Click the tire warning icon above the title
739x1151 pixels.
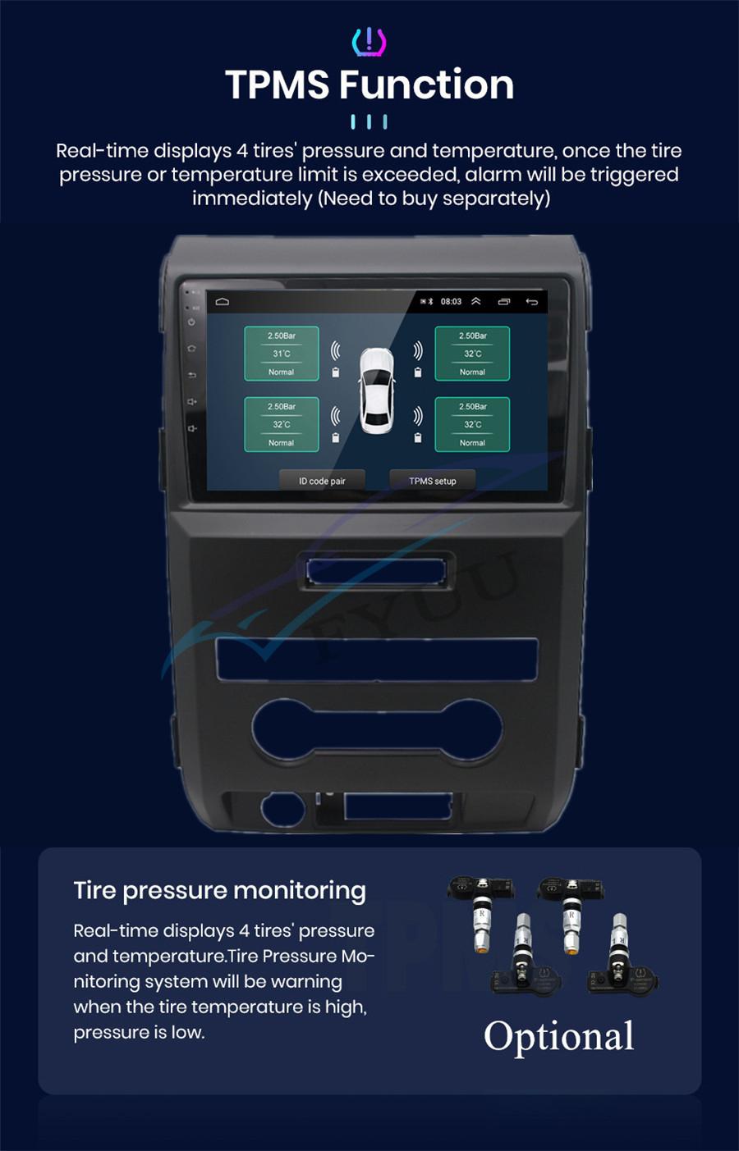pos(369,42)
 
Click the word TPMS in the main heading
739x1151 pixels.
pos(278,84)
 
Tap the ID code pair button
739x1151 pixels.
pos(322,481)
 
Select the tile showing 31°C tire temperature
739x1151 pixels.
pos(282,354)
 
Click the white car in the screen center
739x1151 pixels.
pos(376,390)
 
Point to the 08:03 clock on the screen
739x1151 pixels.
pos(451,302)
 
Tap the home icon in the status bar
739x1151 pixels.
pos(223,302)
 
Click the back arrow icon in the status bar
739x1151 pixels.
pos(532,302)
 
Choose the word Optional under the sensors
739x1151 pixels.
pos(558,1036)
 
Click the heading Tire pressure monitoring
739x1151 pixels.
pos(219,890)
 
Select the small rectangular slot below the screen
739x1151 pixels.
pos(376,571)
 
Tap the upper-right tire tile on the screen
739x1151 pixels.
pos(472,354)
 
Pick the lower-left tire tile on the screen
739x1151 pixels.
pos(282,424)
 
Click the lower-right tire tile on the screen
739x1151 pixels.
pos(472,424)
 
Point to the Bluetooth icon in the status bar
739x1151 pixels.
pos(431,302)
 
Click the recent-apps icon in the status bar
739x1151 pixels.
pos(504,302)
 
